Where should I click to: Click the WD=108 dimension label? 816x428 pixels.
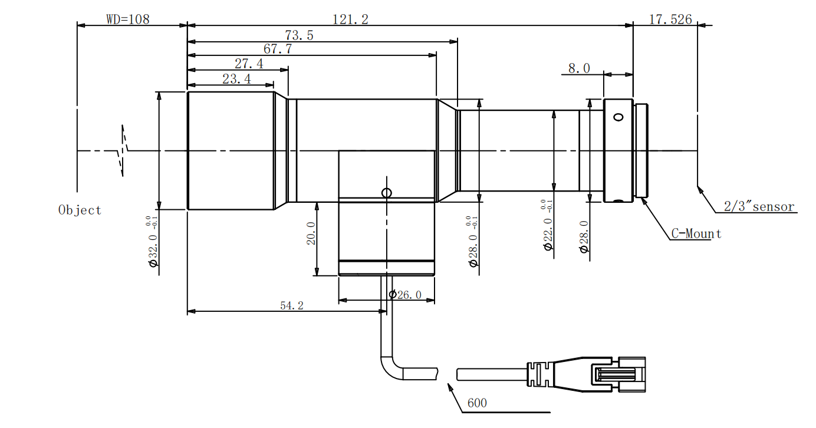click(x=128, y=19)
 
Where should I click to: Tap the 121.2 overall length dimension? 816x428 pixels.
click(x=350, y=19)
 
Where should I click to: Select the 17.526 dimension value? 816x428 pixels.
click(x=670, y=19)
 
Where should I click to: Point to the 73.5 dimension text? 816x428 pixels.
click(x=299, y=35)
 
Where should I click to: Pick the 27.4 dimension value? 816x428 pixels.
click(x=249, y=64)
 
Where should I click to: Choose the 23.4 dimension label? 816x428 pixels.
click(x=236, y=79)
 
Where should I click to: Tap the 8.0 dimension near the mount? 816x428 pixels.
click(x=578, y=68)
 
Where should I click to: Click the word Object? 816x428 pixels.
click(x=80, y=210)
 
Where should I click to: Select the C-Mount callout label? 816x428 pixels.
click(x=696, y=233)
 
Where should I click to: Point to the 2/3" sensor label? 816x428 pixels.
click(x=759, y=207)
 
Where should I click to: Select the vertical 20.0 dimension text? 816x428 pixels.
click(x=311, y=233)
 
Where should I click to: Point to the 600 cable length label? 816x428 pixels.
click(x=477, y=403)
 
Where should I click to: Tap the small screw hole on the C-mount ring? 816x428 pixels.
click(x=618, y=117)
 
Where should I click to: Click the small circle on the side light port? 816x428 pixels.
click(x=386, y=193)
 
